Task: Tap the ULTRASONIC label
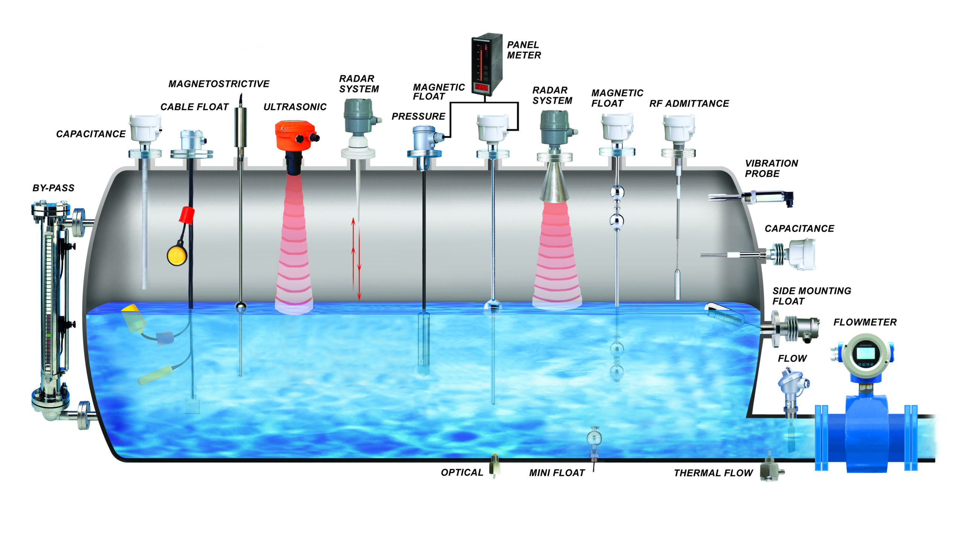tap(295, 107)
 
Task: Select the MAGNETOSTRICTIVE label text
tap(219, 84)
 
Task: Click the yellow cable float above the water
tap(177, 255)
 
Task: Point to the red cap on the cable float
tap(187, 214)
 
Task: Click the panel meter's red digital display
tap(482, 87)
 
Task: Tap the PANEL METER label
tap(523, 50)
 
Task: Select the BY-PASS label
tap(53, 188)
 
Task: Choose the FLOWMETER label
tap(865, 322)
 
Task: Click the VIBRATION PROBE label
tap(771, 168)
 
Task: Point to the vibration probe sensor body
tap(764, 197)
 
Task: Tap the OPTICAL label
tap(462, 473)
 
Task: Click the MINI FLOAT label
tap(557, 473)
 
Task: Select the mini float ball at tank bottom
tap(594, 438)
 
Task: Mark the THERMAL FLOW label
tap(713, 473)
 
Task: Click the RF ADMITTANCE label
tap(689, 104)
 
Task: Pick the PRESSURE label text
tap(418, 116)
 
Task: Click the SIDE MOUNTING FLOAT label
tap(811, 296)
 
